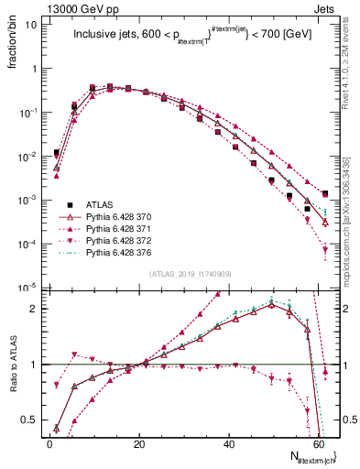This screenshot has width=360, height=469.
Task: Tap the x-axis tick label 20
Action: coord(139,442)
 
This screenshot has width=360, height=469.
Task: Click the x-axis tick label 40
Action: coord(229,442)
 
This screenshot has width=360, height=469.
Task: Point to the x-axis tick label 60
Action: coord(318,442)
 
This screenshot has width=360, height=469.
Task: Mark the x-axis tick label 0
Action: coord(50,442)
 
